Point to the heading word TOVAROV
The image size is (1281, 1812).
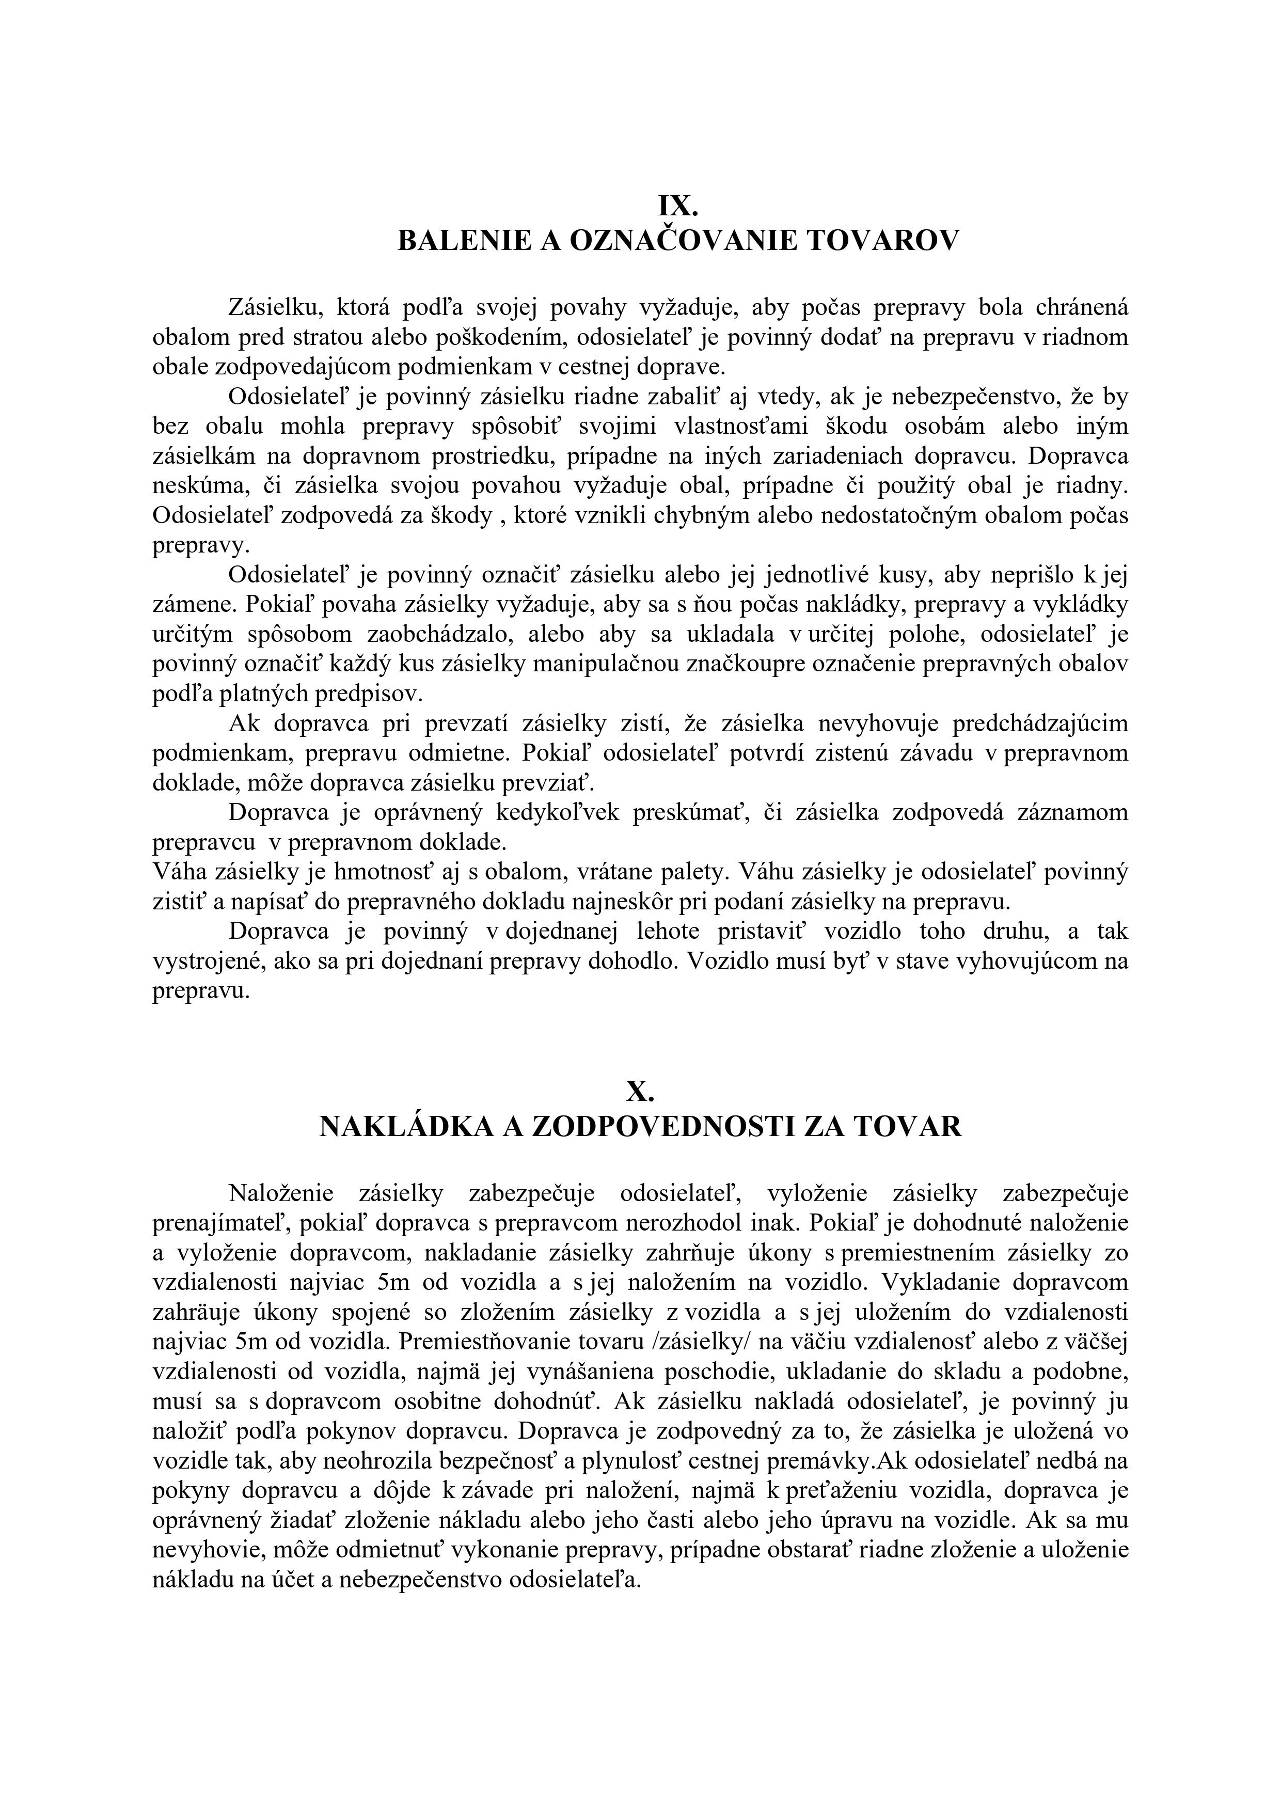point(884,240)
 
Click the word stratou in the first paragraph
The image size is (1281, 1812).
point(328,337)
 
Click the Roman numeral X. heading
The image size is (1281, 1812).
point(640,1092)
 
